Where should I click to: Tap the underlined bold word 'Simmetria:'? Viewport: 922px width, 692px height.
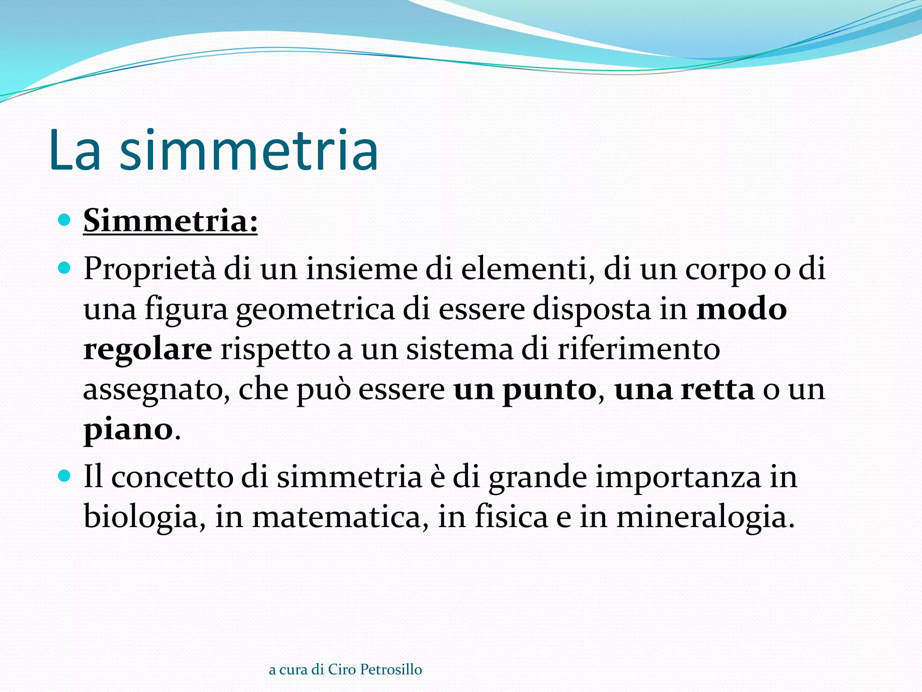170,221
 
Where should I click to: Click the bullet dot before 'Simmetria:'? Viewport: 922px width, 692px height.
65,220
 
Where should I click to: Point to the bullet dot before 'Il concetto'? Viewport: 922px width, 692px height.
65,476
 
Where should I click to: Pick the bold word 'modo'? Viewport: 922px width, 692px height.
741,309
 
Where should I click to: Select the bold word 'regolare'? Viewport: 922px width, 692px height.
148,350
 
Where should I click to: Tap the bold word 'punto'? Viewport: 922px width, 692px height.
549,390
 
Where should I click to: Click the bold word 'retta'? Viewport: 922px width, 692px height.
717,390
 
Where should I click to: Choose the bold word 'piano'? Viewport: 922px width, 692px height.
128,430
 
